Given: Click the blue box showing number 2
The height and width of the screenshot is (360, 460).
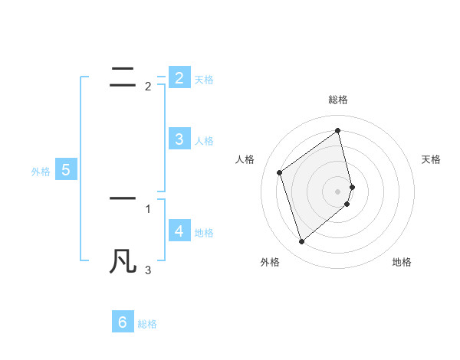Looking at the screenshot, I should (179, 77).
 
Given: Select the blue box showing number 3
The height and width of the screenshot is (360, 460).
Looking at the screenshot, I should (179, 139).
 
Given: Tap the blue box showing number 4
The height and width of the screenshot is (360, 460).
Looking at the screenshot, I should (179, 231).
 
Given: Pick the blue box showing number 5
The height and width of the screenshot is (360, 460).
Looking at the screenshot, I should (65, 170).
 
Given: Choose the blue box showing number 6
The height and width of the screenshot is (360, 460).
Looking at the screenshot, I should (123, 322).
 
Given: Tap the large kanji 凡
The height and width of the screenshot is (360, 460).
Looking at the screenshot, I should (123, 261).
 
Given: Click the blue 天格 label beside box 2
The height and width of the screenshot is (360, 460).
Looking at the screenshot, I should (204, 79).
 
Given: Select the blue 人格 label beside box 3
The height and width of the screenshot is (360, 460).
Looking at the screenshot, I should (204, 141).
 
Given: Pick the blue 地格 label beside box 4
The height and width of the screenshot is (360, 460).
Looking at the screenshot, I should (204, 233).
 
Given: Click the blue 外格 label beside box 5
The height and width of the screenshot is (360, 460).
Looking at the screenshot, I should (41, 172).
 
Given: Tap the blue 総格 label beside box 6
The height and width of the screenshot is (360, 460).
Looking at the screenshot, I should (147, 324).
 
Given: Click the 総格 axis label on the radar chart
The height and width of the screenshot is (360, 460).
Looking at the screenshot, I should (338, 100).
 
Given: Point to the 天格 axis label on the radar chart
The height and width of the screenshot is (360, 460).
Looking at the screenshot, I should (431, 159).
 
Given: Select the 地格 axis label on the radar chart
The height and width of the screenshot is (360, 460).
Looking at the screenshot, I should (402, 263).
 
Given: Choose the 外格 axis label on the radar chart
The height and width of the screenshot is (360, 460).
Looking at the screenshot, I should (270, 263).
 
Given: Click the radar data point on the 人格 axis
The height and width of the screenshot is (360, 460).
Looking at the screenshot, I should (279, 172).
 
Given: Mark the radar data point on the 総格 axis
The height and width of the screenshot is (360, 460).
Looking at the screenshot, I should (338, 130).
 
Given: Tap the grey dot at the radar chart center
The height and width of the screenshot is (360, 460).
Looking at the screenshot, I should (338, 191).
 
